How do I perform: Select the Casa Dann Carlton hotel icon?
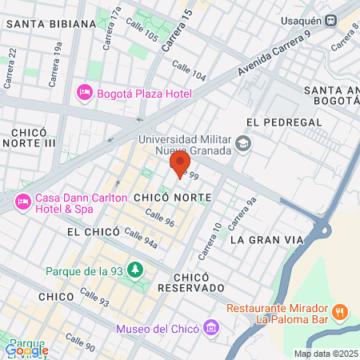22,203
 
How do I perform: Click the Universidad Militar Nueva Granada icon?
244,145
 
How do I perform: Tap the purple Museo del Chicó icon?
210,328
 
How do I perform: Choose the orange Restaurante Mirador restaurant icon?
340,311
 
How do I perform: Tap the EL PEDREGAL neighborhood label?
284,122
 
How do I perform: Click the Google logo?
26,350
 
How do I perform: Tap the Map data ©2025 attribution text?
326,354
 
